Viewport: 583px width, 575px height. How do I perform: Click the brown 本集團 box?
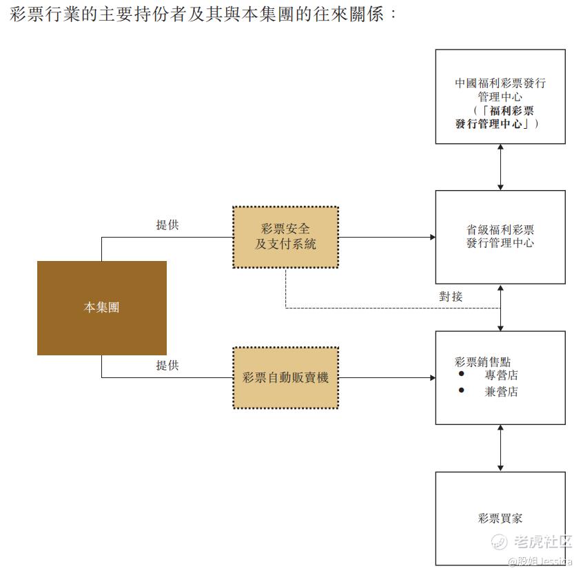[101, 308]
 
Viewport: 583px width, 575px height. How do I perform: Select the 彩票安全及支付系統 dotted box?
[285, 237]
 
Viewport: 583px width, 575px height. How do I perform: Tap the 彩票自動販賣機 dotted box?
[285, 377]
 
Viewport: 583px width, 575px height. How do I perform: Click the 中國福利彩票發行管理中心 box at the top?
[500, 96]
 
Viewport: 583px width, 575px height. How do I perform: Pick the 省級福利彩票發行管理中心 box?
[500, 237]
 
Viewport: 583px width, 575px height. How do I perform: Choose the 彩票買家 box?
[500, 518]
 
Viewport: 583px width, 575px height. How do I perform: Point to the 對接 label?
[451, 297]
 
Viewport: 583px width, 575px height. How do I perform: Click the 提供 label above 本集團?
[167, 225]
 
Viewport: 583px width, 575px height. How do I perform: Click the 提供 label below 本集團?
[167, 366]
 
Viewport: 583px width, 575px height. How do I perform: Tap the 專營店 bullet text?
[501, 376]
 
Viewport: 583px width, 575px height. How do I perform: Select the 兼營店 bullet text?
[501, 392]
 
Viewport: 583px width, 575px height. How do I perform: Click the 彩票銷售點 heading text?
[482, 362]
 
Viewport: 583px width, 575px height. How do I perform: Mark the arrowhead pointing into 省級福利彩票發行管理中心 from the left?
[432, 238]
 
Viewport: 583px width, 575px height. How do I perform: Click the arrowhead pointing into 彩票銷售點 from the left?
[432, 378]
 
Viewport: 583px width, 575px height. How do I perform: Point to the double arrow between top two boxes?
[501, 167]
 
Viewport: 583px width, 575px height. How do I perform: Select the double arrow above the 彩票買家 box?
[501, 448]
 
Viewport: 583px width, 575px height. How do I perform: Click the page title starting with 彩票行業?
[204, 13]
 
